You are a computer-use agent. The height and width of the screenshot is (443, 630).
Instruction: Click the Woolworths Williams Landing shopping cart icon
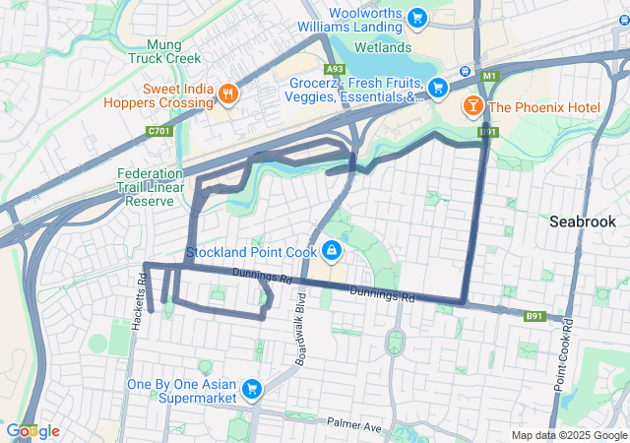[x=416, y=18]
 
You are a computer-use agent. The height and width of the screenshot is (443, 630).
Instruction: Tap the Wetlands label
[x=382, y=47]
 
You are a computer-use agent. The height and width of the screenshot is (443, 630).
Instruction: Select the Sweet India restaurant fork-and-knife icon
[x=228, y=94]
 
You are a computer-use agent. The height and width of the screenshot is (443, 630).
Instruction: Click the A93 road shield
[x=335, y=69]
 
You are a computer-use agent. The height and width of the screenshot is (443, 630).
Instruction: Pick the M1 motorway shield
[x=489, y=76]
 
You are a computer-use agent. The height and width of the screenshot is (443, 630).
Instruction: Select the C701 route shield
[x=157, y=130]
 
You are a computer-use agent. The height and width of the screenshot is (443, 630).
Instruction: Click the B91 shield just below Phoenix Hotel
[x=488, y=132]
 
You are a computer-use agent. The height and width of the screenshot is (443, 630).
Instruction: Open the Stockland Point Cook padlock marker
[x=332, y=252]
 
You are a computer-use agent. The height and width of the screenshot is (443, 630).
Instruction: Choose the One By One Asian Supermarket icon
[x=253, y=390]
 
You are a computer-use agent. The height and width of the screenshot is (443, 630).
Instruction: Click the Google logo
[x=32, y=431]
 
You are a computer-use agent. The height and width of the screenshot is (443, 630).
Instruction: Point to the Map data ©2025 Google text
[x=568, y=435]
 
